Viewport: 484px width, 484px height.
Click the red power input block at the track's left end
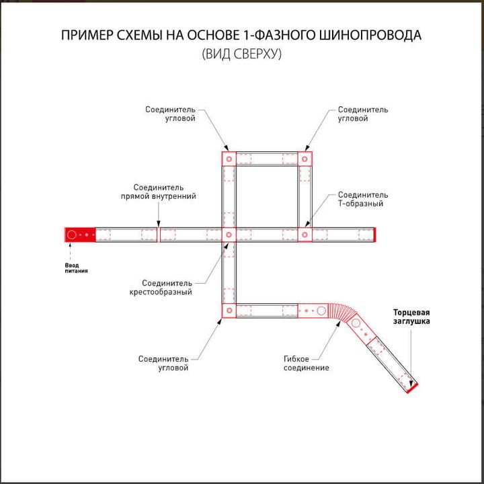click(79, 235)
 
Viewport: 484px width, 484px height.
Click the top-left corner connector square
click(228, 159)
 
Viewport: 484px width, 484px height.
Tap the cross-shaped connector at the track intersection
click(228, 235)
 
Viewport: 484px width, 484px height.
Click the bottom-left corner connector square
click(228, 311)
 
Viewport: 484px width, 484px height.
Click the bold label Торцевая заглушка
click(411, 317)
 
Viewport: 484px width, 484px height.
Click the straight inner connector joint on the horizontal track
click(159, 235)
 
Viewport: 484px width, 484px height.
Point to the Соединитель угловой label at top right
click(362, 114)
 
